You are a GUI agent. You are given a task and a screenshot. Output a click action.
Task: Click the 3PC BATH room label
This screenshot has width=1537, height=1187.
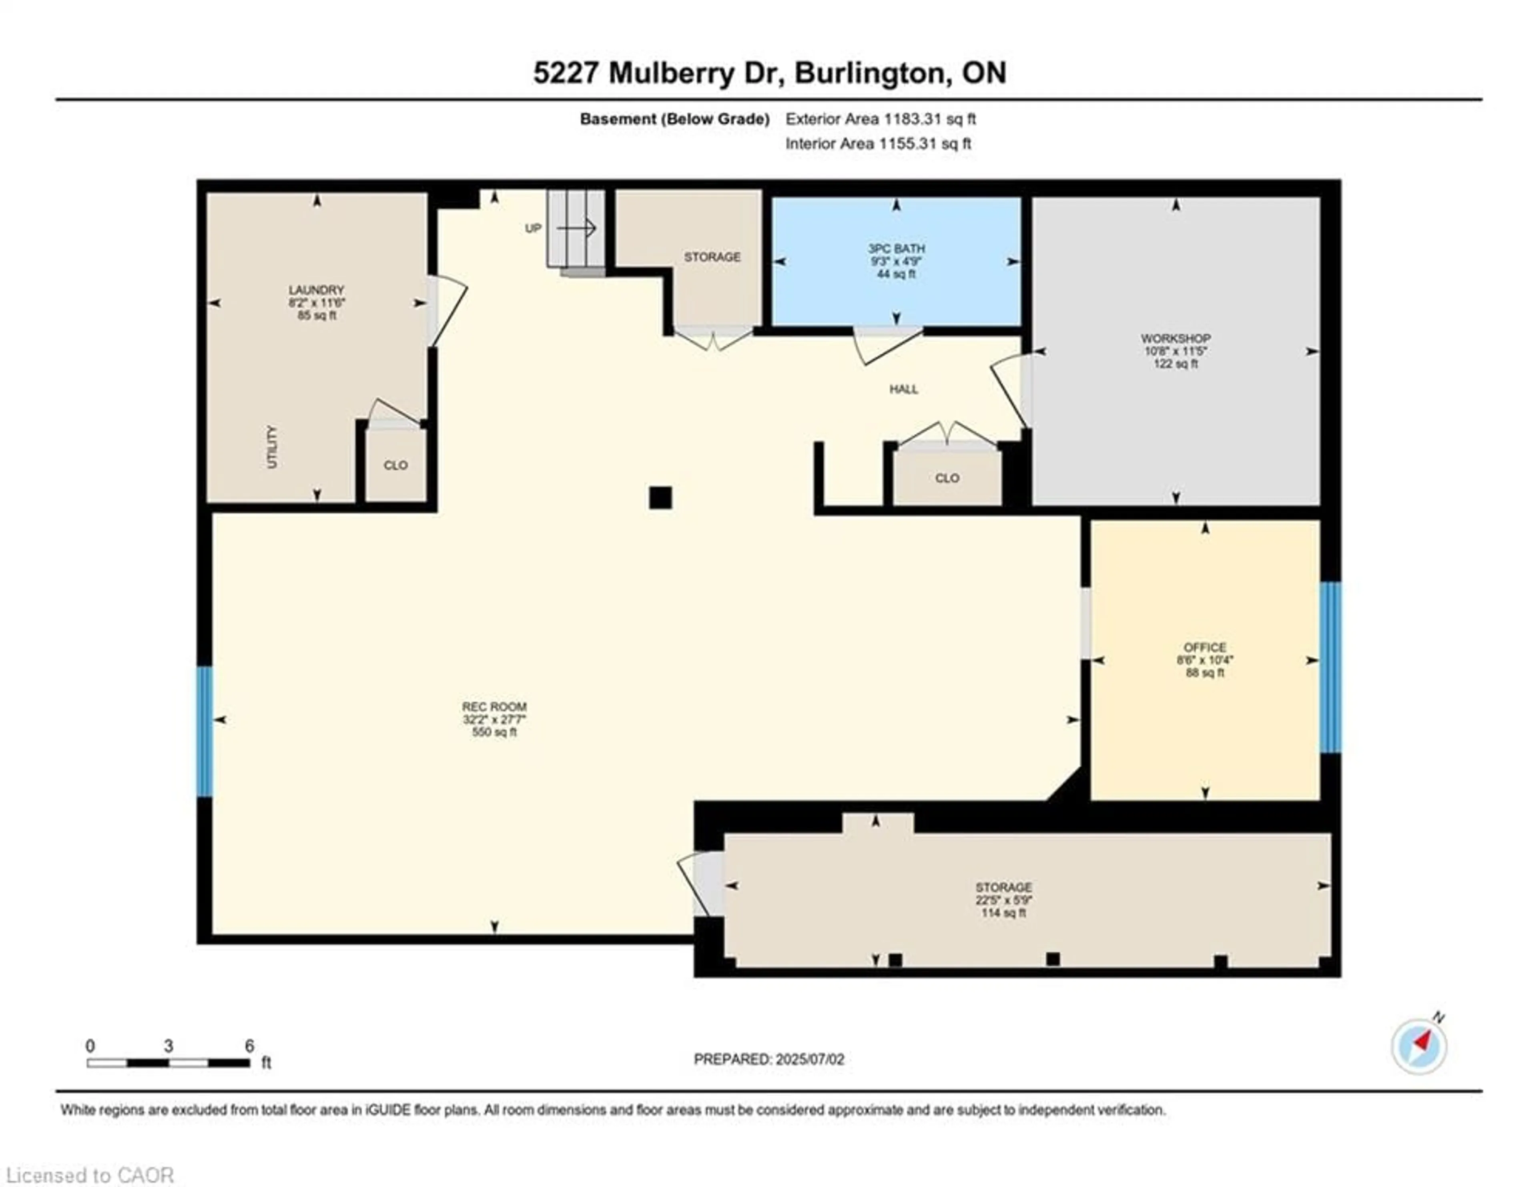click(x=896, y=249)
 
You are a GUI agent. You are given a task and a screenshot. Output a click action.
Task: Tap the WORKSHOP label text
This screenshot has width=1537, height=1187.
click(x=1175, y=339)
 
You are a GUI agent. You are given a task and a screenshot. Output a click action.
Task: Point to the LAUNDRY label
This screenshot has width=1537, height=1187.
click(x=316, y=290)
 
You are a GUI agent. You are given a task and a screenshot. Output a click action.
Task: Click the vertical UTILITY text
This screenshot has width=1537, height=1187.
click(x=272, y=447)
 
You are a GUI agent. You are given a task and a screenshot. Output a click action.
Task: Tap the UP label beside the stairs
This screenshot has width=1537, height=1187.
click(x=533, y=228)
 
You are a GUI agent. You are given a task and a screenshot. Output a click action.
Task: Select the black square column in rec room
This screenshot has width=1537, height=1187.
click(x=660, y=498)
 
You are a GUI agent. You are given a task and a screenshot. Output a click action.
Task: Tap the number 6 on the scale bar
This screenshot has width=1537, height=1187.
click(x=249, y=1046)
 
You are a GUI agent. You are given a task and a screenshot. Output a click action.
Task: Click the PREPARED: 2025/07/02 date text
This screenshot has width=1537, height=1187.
click(x=768, y=1059)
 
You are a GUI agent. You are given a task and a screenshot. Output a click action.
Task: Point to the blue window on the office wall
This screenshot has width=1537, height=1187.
click(x=1330, y=667)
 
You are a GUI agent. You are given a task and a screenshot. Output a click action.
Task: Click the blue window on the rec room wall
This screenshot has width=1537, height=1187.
click(x=204, y=732)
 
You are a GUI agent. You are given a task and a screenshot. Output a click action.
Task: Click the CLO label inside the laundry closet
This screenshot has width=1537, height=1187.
click(x=395, y=465)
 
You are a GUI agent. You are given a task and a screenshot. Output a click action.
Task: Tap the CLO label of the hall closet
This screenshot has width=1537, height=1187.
click(x=947, y=478)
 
